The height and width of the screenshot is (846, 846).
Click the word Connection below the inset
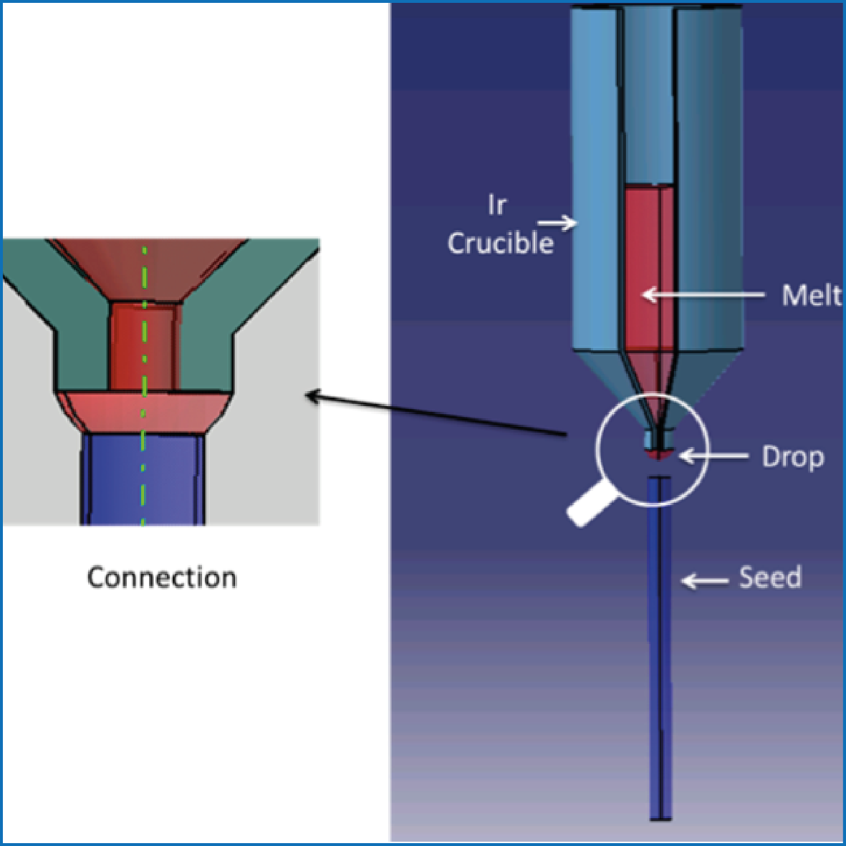tap(162, 577)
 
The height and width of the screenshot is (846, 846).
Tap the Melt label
tap(811, 295)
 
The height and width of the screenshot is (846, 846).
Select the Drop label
tap(792, 457)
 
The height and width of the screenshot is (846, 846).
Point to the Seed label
tap(770, 577)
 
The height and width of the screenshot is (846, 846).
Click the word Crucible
tap(501, 244)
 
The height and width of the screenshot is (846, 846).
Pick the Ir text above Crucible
tap(496, 206)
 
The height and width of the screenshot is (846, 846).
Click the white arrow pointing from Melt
tap(702, 294)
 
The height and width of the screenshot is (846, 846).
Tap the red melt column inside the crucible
tap(649, 265)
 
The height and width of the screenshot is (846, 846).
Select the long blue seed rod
tap(660, 645)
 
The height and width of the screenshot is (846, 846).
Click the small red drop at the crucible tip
tap(658, 454)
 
